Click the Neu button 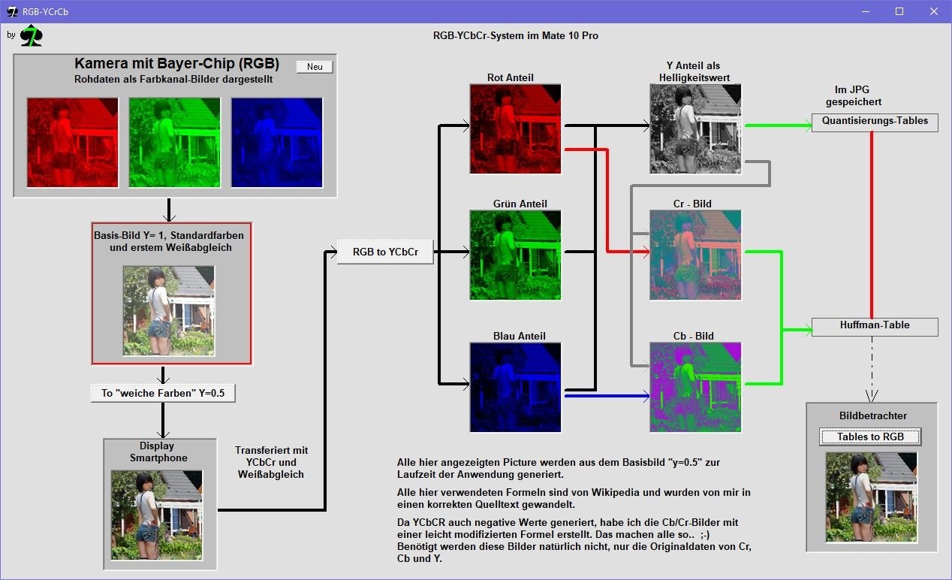point(315,67)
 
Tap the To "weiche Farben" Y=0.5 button point(163,393)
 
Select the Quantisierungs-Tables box point(875,122)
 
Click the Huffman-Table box point(875,327)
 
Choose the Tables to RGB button point(870,437)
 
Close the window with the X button point(934,11)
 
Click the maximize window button point(899,11)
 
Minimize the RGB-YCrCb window point(866,11)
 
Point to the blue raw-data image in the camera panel point(277,143)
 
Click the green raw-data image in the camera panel point(175,143)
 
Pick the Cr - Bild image point(695,255)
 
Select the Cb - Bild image point(695,387)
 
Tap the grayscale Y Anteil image point(695,128)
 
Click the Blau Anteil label point(519,336)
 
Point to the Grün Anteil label point(520,204)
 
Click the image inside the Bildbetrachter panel point(871,497)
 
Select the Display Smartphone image point(156,515)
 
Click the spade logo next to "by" point(32,36)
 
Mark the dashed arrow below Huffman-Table point(872,369)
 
